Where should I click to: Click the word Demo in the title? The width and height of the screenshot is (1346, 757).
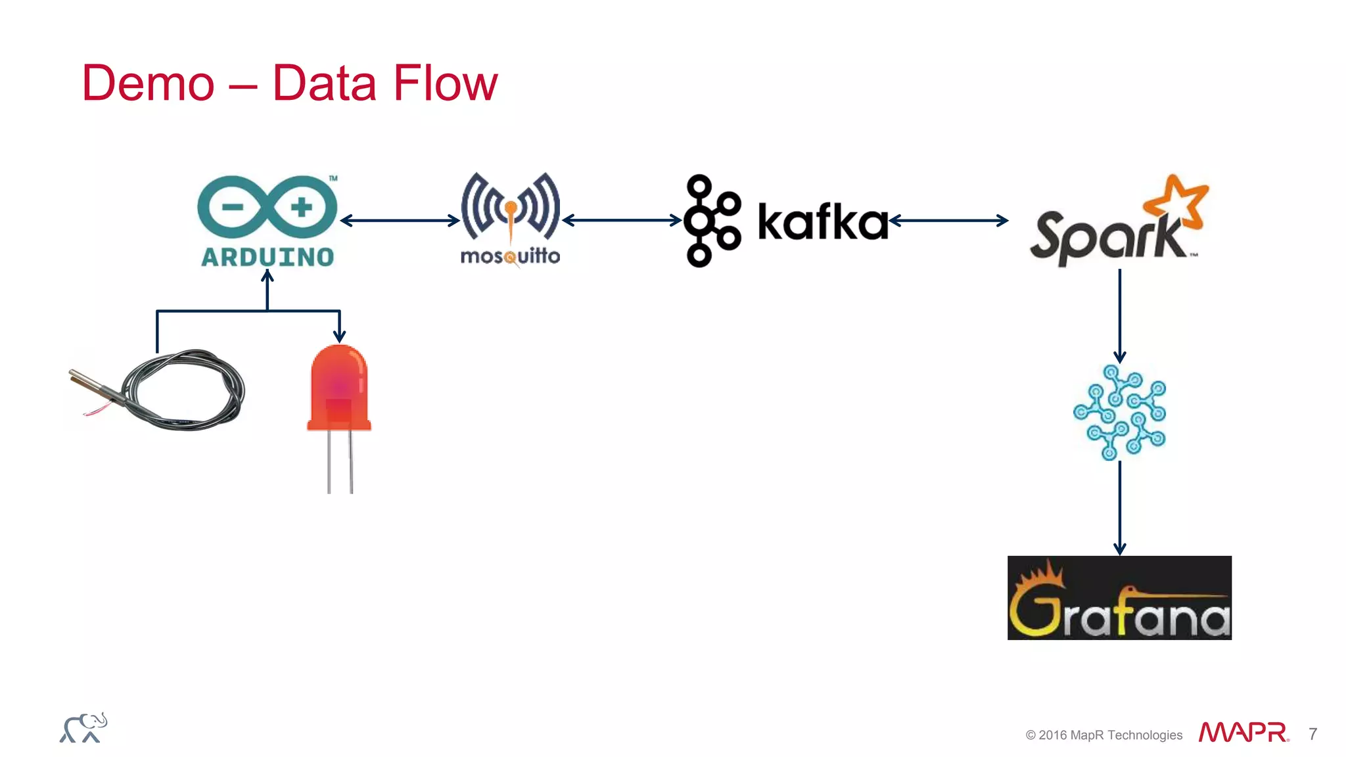click(x=148, y=83)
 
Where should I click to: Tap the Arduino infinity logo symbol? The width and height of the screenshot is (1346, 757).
click(x=267, y=207)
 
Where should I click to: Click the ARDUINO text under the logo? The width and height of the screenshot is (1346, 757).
click(x=267, y=257)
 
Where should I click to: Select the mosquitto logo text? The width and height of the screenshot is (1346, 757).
click(x=510, y=256)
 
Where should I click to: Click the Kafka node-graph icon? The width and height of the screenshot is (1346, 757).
click(x=711, y=221)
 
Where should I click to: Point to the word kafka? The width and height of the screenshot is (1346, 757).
click(x=823, y=222)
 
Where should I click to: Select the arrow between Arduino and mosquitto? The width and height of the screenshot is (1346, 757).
click(x=400, y=221)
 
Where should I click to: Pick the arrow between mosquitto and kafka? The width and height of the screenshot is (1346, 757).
click(x=622, y=221)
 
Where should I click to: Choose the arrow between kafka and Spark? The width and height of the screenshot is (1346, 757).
click(x=948, y=221)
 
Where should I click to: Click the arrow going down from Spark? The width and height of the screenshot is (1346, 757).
click(x=1120, y=315)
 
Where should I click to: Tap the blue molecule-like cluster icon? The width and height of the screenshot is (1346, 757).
click(x=1120, y=413)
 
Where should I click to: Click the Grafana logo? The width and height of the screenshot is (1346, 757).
click(x=1119, y=598)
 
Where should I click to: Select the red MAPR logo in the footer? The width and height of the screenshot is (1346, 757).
click(x=1243, y=733)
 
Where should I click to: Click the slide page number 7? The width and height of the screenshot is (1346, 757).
click(x=1312, y=734)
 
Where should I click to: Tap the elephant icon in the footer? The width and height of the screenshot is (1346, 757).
click(x=83, y=728)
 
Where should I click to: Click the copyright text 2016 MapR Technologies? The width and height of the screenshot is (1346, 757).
click(x=1104, y=735)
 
